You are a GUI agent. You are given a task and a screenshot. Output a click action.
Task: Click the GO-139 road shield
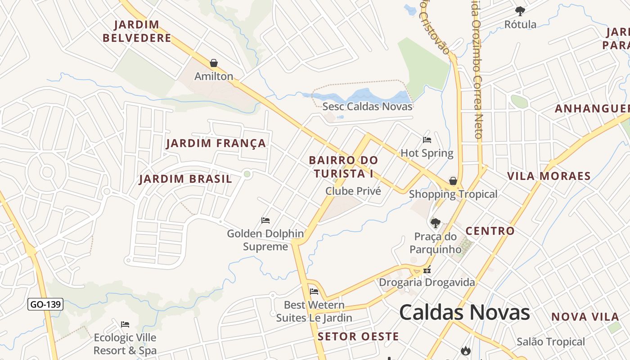[x=45, y=305]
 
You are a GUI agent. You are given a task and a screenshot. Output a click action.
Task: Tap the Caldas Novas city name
[x=464, y=312]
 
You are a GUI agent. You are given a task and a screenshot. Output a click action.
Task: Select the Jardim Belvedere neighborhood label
[x=137, y=31]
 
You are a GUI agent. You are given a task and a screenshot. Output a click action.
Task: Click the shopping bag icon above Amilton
[x=214, y=63]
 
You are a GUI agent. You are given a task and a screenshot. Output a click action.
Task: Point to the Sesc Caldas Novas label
[x=367, y=107]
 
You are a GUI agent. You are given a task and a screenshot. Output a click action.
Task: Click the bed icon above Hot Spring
[x=427, y=140]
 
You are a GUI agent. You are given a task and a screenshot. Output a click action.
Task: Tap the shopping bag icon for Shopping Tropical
[x=453, y=181]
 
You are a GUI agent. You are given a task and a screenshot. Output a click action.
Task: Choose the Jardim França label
[x=216, y=144]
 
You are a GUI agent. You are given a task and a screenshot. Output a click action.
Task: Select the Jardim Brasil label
[x=185, y=179]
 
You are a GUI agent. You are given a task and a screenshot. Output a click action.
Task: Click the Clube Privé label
[x=353, y=191]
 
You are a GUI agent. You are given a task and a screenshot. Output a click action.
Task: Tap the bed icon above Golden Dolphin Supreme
[x=265, y=220]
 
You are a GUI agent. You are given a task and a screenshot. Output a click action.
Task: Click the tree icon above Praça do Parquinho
[x=435, y=223]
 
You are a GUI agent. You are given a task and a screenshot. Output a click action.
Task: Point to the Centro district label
[x=490, y=231]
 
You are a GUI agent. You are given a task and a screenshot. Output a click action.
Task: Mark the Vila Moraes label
[x=549, y=176]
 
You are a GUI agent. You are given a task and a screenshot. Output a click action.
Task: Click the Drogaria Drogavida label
[x=427, y=283]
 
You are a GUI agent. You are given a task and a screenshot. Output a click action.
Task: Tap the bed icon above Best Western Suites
[x=314, y=292]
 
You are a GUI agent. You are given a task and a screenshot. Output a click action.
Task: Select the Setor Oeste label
[x=358, y=337]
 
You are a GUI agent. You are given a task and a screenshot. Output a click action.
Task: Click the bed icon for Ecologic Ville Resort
[x=125, y=324]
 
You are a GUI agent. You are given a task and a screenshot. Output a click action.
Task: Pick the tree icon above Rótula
[x=520, y=11]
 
